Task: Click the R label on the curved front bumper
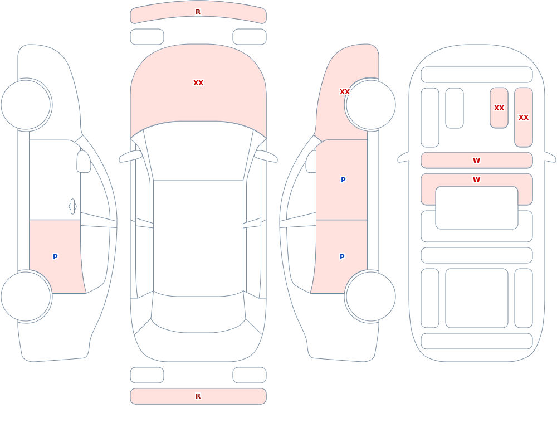pos(198,12)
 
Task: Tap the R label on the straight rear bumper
pos(198,396)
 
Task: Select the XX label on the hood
pos(198,83)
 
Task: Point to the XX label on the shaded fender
pos(345,92)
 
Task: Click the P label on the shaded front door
pos(343,180)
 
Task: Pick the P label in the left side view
pos(55,257)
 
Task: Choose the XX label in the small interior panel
pos(499,108)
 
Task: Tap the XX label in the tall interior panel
pos(523,118)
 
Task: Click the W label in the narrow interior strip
pos(476,161)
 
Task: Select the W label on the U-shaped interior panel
pos(476,180)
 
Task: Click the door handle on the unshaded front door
pos(72,207)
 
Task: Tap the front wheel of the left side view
pos(26,105)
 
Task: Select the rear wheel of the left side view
pos(26,296)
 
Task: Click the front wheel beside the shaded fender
pos(370,105)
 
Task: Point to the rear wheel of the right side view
pos(370,296)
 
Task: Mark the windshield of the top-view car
pos(198,151)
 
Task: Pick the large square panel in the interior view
pos(476,298)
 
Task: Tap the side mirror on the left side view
pos(84,162)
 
